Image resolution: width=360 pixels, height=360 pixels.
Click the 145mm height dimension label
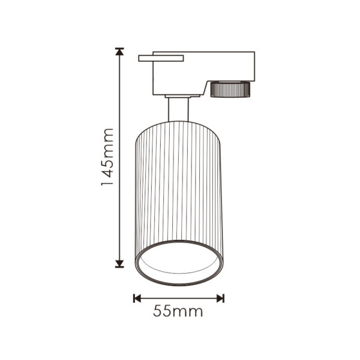[x=107, y=157]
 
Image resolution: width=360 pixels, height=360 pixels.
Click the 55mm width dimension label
[x=178, y=311]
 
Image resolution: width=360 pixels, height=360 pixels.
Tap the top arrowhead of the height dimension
[x=119, y=52]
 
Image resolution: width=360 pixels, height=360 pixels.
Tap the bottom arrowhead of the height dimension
[x=119, y=264]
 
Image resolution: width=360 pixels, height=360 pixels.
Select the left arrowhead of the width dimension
[x=137, y=298]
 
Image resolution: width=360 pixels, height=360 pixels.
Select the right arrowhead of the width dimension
[x=220, y=298]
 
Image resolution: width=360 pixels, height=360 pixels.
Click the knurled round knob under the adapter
[x=230, y=89]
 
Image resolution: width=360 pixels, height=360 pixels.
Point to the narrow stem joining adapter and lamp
[x=178, y=109]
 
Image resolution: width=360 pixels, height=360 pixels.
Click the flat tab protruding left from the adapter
[x=161, y=58]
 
